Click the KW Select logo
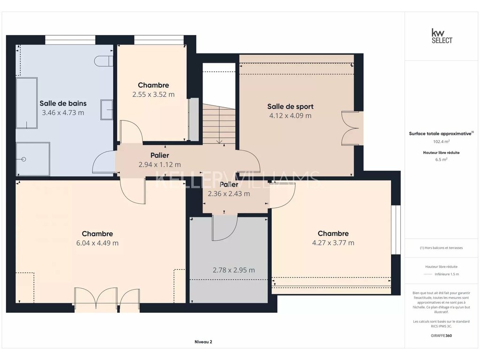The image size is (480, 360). tap(442, 36)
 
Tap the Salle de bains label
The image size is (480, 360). tap(63, 104)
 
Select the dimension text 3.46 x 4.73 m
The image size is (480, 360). tap(63, 112)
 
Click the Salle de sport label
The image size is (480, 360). tap(291, 106)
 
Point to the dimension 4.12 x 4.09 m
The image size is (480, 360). tap(291, 116)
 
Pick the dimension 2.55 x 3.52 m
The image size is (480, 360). tap(153, 95)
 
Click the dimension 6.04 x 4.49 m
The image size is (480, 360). tap(97, 243)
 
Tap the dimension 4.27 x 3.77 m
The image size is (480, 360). tap(333, 243)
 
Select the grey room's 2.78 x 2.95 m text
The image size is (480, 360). tap(234, 270)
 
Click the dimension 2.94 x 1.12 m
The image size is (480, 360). tap(160, 165)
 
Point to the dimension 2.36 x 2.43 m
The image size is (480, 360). tap(229, 194)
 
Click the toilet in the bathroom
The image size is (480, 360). tap(104, 61)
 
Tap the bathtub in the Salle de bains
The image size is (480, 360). tap(27, 103)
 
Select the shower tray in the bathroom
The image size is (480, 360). tap(33, 159)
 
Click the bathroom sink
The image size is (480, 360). tap(107, 110)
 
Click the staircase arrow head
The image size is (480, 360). tap(219, 142)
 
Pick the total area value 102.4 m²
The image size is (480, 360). tap(442, 142)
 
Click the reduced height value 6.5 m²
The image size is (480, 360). tap(442, 159)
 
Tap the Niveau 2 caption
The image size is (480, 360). tap(203, 342)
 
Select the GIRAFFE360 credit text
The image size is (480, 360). tap(442, 336)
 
